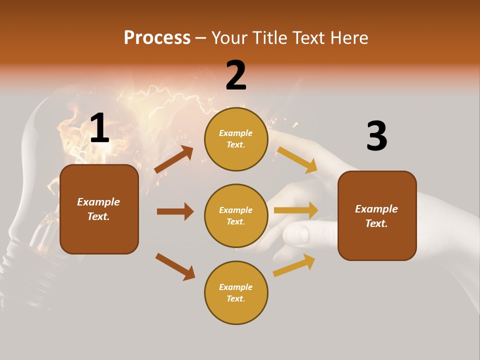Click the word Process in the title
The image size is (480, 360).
pos(157,38)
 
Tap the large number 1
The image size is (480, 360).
pos(99,129)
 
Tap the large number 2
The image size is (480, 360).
pos(236,75)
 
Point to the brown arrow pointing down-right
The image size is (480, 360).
pos(175,266)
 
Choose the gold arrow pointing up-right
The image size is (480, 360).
pos(294,265)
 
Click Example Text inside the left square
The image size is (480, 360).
pos(98,209)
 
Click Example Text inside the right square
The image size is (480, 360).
pos(376,216)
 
